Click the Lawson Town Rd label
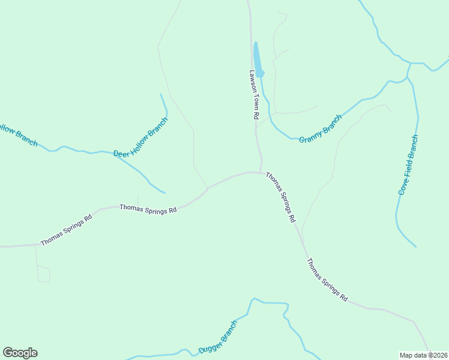click(254, 94)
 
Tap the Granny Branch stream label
click(320, 127)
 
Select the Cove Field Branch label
click(408, 165)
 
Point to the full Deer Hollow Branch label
click(140, 137)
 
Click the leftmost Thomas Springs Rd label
click(66, 230)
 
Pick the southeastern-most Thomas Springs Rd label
click(327, 280)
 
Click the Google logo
click(20, 353)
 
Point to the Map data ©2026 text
click(424, 355)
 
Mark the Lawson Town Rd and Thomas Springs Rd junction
click(261, 172)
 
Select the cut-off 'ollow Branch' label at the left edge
click(18, 135)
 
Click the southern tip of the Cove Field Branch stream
click(415, 246)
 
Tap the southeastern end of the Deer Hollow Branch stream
click(164, 193)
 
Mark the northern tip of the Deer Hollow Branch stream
click(160, 94)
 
